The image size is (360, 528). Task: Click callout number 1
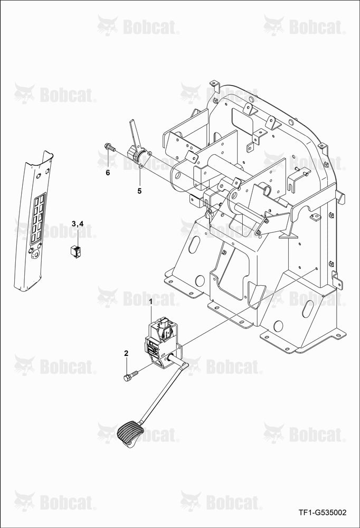click(151, 301)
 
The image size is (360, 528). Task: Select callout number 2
click(126, 353)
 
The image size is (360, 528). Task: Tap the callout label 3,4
click(78, 223)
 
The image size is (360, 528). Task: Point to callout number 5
click(139, 191)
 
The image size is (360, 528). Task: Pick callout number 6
click(108, 173)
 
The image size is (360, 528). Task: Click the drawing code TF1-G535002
click(323, 513)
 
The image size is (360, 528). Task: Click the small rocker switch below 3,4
click(75, 251)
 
